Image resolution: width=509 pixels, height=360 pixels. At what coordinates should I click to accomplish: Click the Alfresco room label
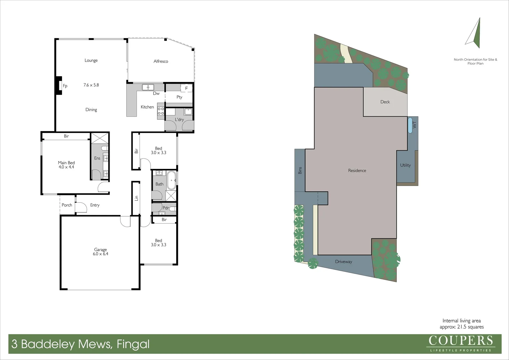[x=161, y=61]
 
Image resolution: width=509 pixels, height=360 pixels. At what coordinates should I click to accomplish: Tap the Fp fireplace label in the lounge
[x=65, y=86]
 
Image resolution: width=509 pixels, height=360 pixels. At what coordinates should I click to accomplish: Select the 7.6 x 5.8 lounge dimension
[x=91, y=85]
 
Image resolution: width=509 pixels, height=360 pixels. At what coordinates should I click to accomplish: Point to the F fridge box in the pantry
[x=186, y=88]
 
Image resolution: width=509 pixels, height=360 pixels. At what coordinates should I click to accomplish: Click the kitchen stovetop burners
[x=161, y=111]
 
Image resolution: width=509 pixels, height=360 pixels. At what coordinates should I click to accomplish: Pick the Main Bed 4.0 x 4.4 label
[x=66, y=165]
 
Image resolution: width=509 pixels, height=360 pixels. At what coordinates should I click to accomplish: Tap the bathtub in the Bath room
[x=172, y=180]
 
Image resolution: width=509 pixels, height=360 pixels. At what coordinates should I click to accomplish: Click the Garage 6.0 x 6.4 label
[x=100, y=252]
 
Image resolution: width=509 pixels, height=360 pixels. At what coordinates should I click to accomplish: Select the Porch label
[x=67, y=205]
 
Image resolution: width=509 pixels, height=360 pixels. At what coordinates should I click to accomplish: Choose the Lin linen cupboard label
[x=136, y=198]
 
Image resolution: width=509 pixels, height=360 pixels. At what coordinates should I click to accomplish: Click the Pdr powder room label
[x=166, y=208]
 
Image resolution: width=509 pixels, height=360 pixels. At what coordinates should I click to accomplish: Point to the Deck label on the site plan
[x=385, y=102]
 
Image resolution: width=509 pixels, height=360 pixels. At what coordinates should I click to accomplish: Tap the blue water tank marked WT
[x=410, y=125]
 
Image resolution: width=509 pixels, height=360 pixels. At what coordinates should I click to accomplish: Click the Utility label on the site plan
[x=405, y=165]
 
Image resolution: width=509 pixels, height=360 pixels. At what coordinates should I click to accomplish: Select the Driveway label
[x=343, y=262]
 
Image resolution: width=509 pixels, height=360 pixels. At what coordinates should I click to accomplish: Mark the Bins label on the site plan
[x=300, y=170]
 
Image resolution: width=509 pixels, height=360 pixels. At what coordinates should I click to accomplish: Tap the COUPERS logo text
[x=460, y=341]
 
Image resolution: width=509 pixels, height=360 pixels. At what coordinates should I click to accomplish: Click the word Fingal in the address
[x=133, y=344]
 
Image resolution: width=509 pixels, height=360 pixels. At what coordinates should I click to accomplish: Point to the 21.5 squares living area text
[x=461, y=327]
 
